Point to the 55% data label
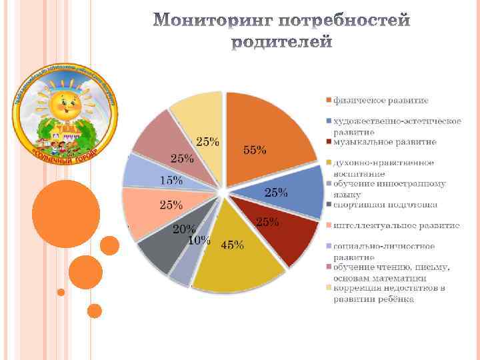click(254, 151)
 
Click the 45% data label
click(231, 245)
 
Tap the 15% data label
click(171, 180)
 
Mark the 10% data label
click(199, 240)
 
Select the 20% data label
click(184, 229)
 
